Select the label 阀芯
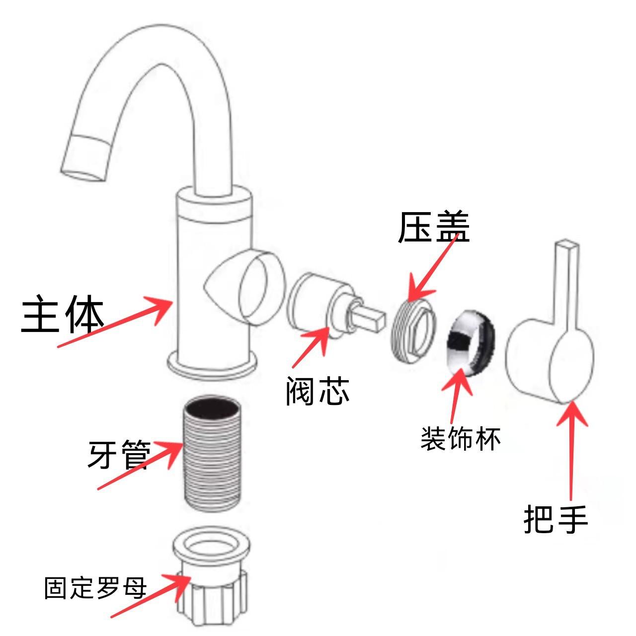click(318, 391)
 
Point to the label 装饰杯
click(461, 439)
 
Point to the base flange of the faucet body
click(212, 366)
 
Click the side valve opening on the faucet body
click(261, 288)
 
